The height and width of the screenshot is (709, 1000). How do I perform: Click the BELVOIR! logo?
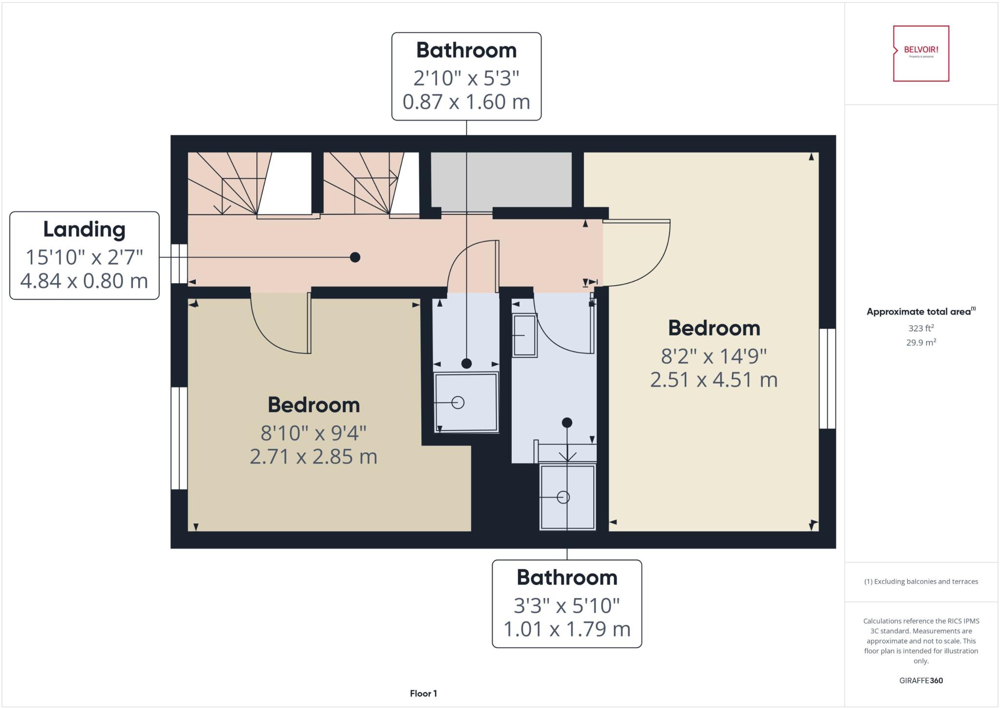click(921, 53)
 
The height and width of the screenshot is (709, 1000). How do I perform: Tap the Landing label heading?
click(84, 229)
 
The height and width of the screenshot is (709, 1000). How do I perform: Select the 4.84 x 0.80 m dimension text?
click(84, 281)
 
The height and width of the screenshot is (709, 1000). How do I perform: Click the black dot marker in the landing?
click(355, 257)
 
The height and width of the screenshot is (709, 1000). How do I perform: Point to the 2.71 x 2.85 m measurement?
click(313, 457)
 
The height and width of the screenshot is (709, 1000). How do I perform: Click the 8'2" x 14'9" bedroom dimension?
click(714, 356)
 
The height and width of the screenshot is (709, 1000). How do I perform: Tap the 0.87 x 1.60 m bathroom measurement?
click(466, 102)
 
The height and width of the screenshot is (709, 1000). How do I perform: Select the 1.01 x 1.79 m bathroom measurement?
click(567, 629)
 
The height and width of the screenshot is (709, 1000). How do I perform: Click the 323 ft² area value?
click(921, 328)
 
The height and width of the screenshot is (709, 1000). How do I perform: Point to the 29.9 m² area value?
click(921, 343)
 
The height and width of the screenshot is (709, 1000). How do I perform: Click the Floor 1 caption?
click(423, 693)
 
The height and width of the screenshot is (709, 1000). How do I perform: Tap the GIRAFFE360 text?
click(921, 680)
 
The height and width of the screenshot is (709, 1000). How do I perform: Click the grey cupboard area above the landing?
click(501, 179)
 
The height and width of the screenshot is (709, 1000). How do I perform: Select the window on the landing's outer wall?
click(179, 264)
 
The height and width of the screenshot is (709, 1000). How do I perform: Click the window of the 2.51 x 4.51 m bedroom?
click(827, 378)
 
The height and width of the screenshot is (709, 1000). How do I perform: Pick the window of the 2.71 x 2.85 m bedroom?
click(179, 438)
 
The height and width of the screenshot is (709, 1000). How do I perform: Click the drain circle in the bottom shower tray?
click(563, 497)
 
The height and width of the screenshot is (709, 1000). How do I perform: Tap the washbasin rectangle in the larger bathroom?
click(524, 335)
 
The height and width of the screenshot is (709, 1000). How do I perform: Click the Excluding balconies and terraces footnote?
click(921, 582)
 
